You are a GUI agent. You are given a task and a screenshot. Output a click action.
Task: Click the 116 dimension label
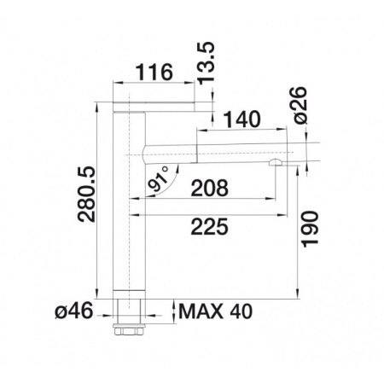(154, 72)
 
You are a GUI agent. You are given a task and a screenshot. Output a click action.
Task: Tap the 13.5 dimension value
(206, 63)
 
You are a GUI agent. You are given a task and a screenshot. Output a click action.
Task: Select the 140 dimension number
(241, 119)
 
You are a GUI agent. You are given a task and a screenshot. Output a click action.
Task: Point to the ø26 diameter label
(300, 105)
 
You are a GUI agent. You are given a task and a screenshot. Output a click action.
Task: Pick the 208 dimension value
(210, 188)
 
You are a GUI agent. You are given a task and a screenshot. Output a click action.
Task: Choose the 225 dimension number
(210, 227)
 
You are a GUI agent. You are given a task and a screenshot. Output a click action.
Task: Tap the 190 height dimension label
(310, 230)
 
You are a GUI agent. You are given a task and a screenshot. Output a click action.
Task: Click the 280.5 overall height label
(87, 195)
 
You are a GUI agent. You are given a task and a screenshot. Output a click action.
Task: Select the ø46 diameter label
(74, 311)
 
